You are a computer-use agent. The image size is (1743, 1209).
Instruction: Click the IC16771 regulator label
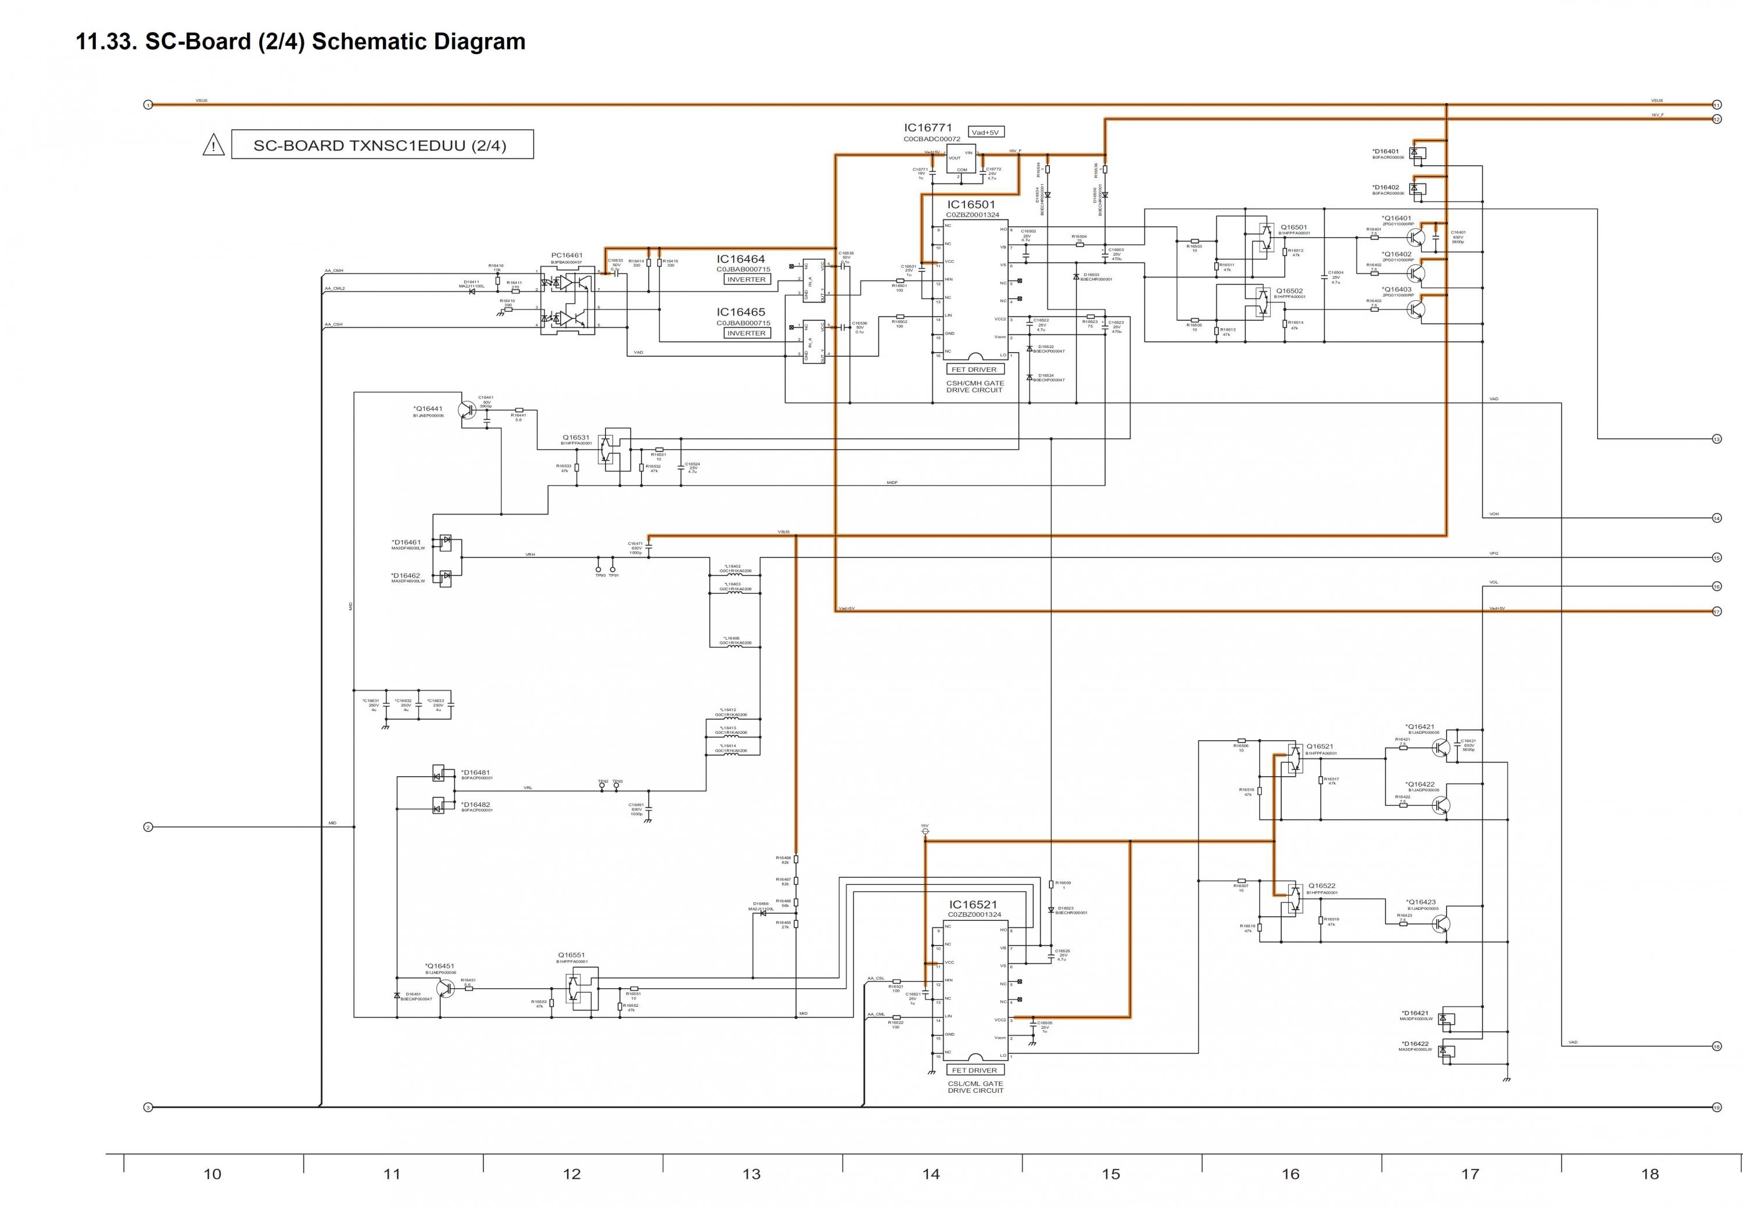tap(927, 128)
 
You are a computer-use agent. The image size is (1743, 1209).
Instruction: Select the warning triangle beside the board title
tap(214, 145)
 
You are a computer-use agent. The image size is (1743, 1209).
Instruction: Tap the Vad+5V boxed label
tap(985, 132)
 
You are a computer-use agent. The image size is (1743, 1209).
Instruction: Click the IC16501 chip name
tap(970, 205)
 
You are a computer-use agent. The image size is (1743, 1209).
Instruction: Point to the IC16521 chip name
tap(973, 905)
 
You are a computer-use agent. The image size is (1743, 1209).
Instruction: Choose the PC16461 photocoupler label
tap(566, 255)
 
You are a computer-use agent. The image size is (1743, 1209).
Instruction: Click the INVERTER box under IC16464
tap(746, 279)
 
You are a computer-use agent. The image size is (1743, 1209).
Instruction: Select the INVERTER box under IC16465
tap(746, 333)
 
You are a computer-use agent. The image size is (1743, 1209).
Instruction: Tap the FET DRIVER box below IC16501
tap(974, 369)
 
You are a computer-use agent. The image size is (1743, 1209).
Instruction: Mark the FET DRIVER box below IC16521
tap(974, 1070)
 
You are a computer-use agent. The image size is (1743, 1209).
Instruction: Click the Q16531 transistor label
tap(576, 437)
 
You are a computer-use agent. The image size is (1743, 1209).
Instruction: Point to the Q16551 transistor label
tap(571, 955)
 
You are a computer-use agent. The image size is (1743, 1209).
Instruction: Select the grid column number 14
tap(931, 1174)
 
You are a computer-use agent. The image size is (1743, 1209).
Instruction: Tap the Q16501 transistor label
tap(1293, 227)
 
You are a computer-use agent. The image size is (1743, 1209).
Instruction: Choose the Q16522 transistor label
tap(1322, 885)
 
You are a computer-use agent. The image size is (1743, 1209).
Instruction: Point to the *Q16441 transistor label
tap(428, 409)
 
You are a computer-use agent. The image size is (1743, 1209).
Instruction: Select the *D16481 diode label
tap(476, 773)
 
